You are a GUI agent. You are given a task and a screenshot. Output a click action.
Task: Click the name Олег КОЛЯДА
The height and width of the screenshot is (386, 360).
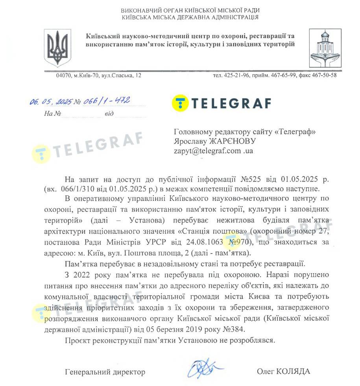[x=283, y=371]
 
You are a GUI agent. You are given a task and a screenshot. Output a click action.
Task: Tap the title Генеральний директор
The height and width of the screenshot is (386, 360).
[x=105, y=372]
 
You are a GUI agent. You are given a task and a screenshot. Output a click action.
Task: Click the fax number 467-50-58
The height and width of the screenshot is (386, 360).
[x=325, y=75]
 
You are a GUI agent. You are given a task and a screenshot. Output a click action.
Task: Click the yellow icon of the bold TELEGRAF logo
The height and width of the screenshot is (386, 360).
[x=180, y=103]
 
